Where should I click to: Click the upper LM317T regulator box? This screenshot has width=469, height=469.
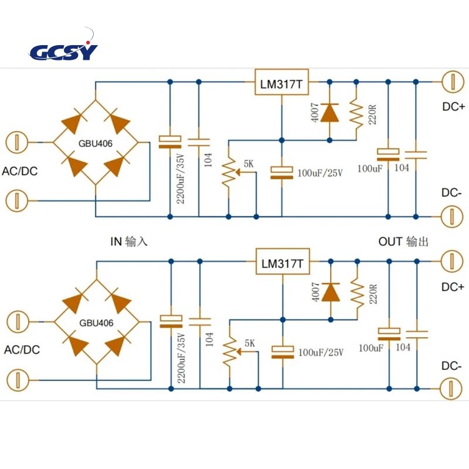(281, 82)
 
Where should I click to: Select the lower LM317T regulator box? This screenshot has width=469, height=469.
(283, 261)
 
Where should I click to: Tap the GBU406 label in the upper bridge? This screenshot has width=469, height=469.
(96, 144)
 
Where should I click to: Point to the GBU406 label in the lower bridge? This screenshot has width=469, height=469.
(96, 323)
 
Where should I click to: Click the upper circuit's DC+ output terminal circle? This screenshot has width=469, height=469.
(453, 81)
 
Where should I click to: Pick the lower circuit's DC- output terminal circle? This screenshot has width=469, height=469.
(452, 389)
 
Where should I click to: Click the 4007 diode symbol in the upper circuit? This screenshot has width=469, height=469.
(329, 113)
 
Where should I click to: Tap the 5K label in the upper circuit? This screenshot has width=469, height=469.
(249, 164)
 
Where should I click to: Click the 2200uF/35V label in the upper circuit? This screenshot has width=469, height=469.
(181, 178)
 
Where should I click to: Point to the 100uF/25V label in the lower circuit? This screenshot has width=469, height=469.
(321, 352)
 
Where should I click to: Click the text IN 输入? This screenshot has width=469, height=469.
(129, 242)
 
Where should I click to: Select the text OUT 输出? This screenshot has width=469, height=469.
(403, 242)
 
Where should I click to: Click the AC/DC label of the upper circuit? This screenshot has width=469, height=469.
(20, 171)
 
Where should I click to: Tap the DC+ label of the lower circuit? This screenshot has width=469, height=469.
(453, 287)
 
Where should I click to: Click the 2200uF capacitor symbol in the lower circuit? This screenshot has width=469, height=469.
(171, 321)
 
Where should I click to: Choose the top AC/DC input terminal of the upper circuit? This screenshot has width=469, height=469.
(17, 142)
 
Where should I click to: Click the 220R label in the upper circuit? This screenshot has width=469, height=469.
(372, 114)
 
